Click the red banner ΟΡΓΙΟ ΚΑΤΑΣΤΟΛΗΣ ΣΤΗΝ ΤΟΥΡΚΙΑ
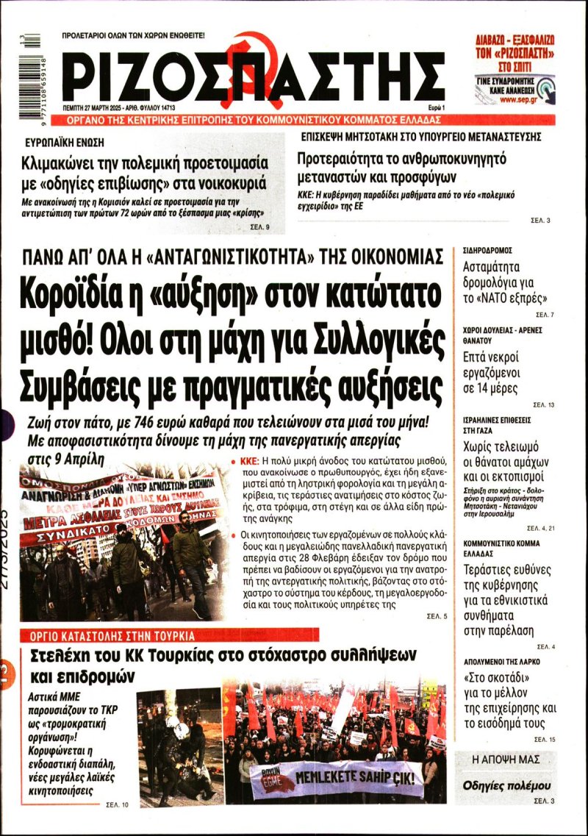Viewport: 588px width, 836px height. [113, 635]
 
